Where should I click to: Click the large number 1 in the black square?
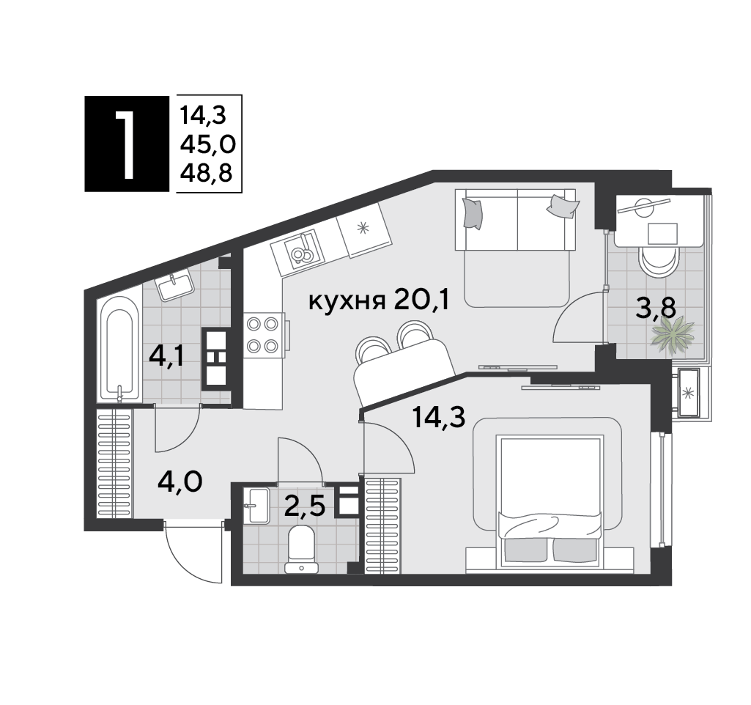(x=126, y=144)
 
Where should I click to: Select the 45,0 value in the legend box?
(x=208, y=144)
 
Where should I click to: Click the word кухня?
(x=347, y=302)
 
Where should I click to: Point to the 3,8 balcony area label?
(x=656, y=308)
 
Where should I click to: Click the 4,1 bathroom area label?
(x=166, y=356)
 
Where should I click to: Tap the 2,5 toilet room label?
(x=305, y=506)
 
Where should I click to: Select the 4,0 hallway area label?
(x=180, y=481)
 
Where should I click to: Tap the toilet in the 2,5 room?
(x=301, y=549)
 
